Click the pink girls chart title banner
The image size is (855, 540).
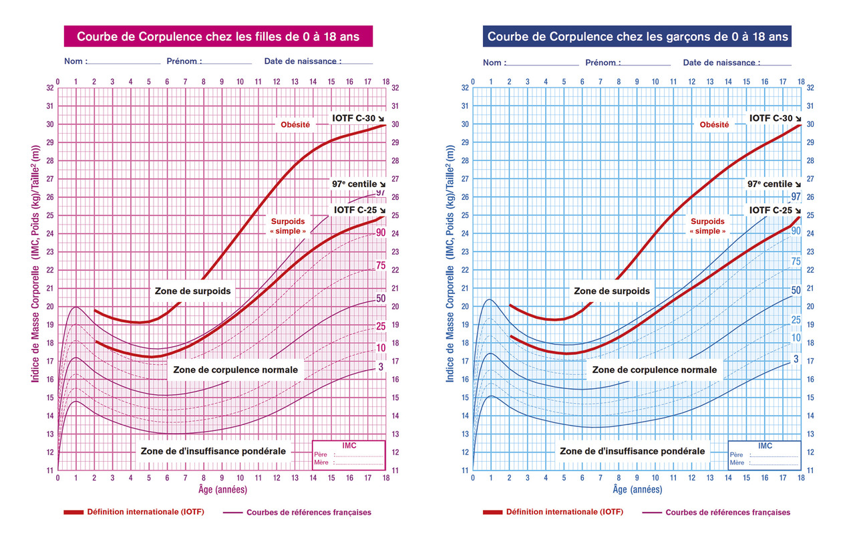point(218,37)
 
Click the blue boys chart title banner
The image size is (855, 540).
point(637,37)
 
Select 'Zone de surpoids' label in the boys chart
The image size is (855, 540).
point(611,291)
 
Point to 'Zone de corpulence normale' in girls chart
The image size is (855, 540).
point(235,370)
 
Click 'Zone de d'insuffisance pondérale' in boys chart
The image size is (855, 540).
point(632,451)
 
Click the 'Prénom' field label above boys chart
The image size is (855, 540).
point(602,63)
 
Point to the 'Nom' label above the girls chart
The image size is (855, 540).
point(75,61)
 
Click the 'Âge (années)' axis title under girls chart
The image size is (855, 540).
point(222,490)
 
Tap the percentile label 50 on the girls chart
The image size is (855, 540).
point(381,298)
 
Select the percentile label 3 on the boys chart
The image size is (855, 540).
point(796,360)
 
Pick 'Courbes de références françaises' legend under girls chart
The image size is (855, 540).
point(309,513)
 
